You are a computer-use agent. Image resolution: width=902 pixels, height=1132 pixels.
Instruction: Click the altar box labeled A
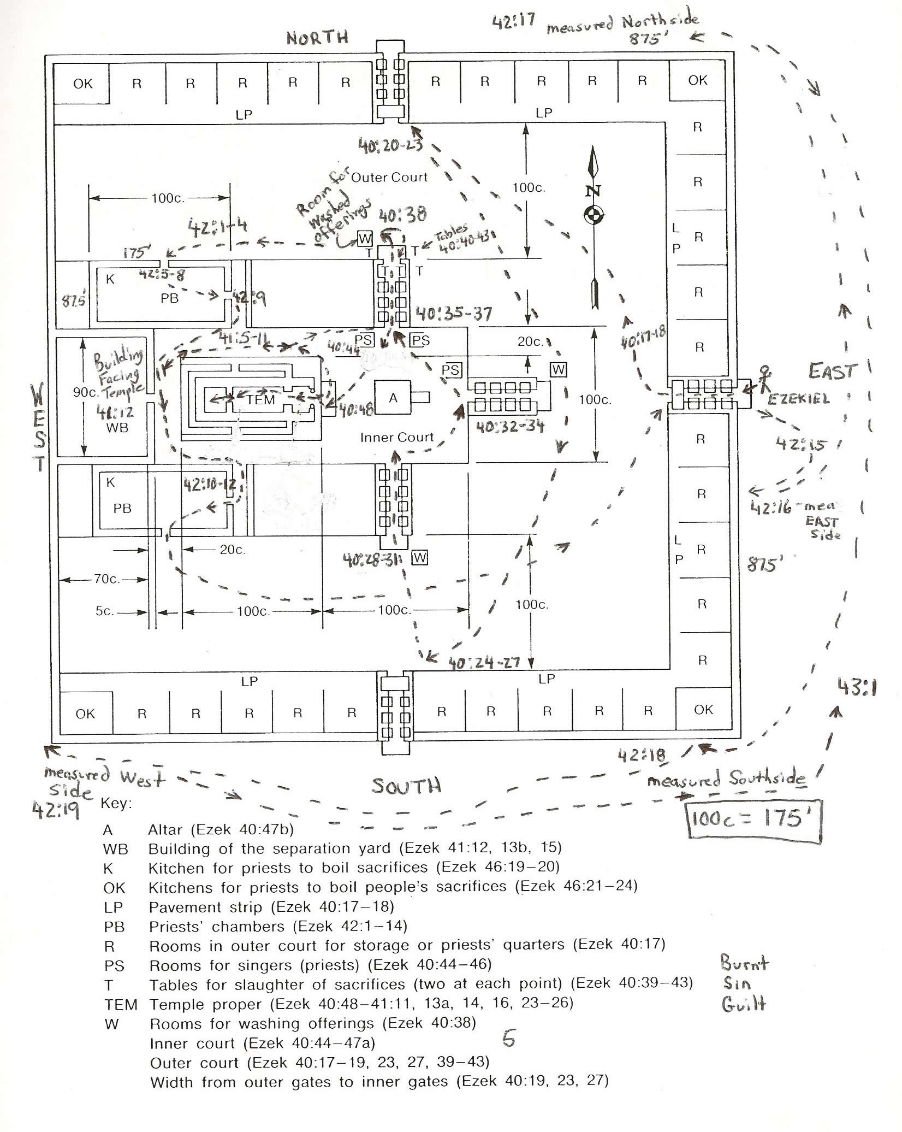(x=393, y=398)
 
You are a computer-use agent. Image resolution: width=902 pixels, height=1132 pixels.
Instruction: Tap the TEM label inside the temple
(x=260, y=399)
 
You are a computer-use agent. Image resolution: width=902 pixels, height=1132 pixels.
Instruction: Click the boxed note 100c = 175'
(x=754, y=818)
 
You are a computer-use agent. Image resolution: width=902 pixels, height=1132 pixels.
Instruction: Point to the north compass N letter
(x=594, y=191)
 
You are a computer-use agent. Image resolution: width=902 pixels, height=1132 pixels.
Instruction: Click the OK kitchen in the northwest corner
(x=82, y=84)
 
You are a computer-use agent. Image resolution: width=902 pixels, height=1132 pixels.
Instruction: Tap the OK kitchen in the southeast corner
(x=703, y=709)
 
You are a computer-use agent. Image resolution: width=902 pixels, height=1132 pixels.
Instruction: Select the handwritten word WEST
(x=39, y=426)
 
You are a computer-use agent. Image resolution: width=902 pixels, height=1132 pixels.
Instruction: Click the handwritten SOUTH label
(x=406, y=786)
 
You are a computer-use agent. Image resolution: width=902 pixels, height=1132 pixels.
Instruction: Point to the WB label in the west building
(x=117, y=427)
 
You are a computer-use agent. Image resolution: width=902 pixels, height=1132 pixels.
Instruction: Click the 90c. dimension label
(x=85, y=392)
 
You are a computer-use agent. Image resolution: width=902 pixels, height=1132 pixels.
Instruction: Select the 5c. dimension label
(x=105, y=611)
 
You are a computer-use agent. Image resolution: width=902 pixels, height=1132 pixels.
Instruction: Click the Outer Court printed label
(x=389, y=177)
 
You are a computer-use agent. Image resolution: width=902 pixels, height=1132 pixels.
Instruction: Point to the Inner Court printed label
(x=396, y=437)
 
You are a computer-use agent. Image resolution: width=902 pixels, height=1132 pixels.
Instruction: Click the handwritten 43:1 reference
(x=857, y=688)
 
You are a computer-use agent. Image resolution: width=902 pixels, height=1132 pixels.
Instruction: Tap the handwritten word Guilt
(x=744, y=1004)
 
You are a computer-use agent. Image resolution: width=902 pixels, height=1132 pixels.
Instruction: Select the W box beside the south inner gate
(x=420, y=558)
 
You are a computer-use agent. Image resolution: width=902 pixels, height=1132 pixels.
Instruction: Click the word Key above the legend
(x=116, y=804)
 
